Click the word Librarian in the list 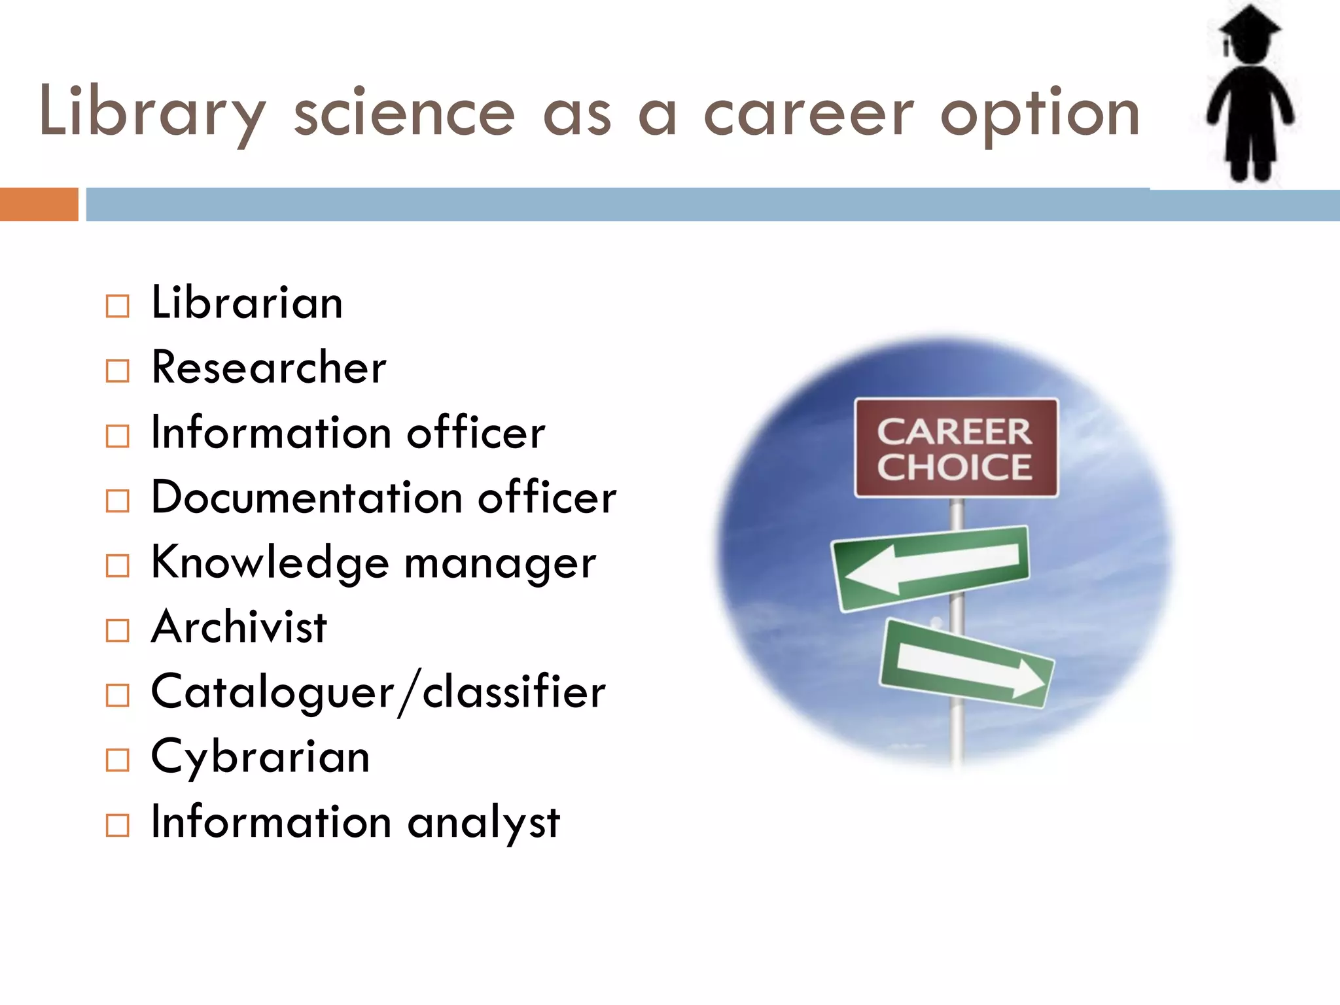[247, 303]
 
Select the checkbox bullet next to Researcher [118, 371]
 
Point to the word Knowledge [270, 563]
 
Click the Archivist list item [239, 627]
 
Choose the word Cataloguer [273, 692]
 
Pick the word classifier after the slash [514, 692]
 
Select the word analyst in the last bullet [484, 822]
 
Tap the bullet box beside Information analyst [118, 825]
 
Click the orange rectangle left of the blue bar [39, 204]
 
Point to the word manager [500, 563]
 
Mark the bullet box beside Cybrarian [118, 760]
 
